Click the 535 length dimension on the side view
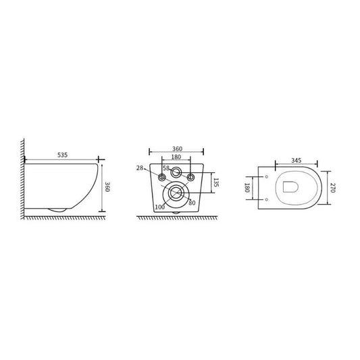point(61,155)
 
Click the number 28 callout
point(139,168)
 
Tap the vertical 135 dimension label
point(215,182)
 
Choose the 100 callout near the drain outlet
point(159,206)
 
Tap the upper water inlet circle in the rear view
point(176,172)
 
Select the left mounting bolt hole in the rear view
point(161,178)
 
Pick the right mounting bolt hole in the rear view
point(191,178)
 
